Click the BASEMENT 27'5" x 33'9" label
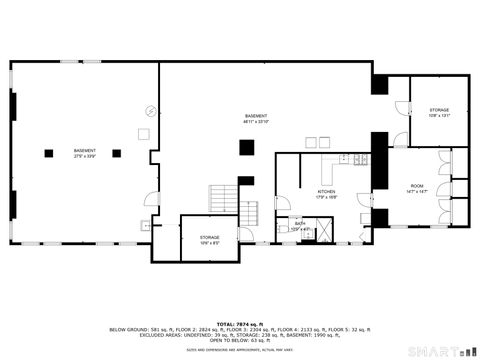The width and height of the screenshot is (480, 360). [x=84, y=153]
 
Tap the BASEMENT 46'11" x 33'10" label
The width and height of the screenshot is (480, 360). [x=255, y=119]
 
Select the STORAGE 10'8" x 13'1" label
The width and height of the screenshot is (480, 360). [x=439, y=112]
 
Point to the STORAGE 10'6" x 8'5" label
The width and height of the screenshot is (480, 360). [x=209, y=239]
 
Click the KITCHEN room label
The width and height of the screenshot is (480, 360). [x=326, y=192]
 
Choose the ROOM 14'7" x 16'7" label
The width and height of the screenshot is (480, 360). [x=416, y=189]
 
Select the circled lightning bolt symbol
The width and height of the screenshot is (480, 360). [x=152, y=111]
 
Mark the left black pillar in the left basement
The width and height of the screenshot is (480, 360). [x=48, y=153]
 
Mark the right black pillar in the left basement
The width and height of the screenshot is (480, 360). [x=116, y=153]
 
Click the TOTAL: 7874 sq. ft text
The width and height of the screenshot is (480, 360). [x=240, y=322]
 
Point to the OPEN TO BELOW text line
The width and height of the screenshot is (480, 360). [x=240, y=340]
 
